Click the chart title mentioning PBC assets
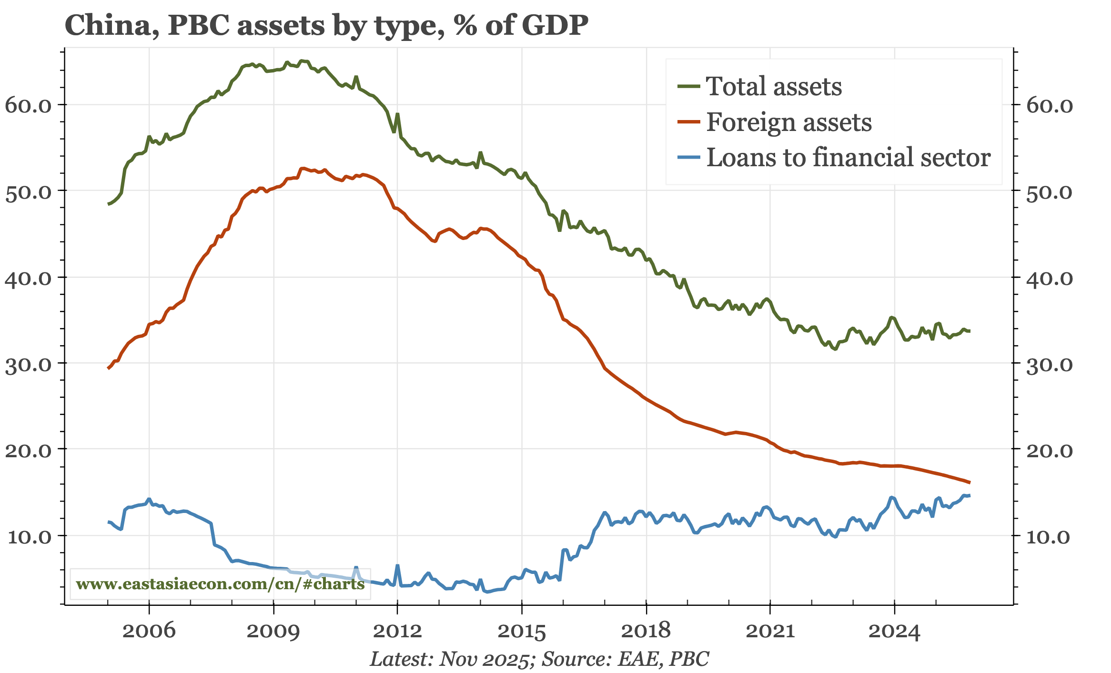point(326,25)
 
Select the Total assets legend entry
point(773,86)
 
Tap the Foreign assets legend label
point(788,122)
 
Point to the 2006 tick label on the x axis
point(149,631)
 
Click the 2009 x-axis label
point(273,631)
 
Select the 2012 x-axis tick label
point(397,631)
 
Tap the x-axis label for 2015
point(522,631)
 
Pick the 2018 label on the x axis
point(646,631)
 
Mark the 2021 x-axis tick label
point(770,631)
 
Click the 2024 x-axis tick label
point(894,631)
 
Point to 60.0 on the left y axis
point(28,105)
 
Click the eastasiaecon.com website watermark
point(220,583)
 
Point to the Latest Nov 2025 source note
point(539,659)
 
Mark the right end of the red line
point(970,482)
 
